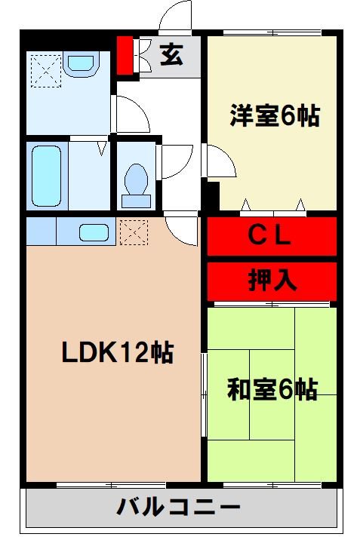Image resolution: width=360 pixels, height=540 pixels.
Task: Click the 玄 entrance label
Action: click(171, 56)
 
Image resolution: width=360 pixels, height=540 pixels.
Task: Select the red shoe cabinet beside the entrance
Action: click(124, 55)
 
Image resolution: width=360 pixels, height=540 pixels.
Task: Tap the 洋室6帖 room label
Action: click(274, 118)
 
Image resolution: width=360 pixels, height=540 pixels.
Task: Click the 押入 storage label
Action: click(272, 280)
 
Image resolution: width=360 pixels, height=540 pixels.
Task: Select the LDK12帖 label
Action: click(118, 352)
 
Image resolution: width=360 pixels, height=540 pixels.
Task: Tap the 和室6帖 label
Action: click(272, 390)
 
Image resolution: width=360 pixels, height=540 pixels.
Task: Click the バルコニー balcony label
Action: click(178, 508)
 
